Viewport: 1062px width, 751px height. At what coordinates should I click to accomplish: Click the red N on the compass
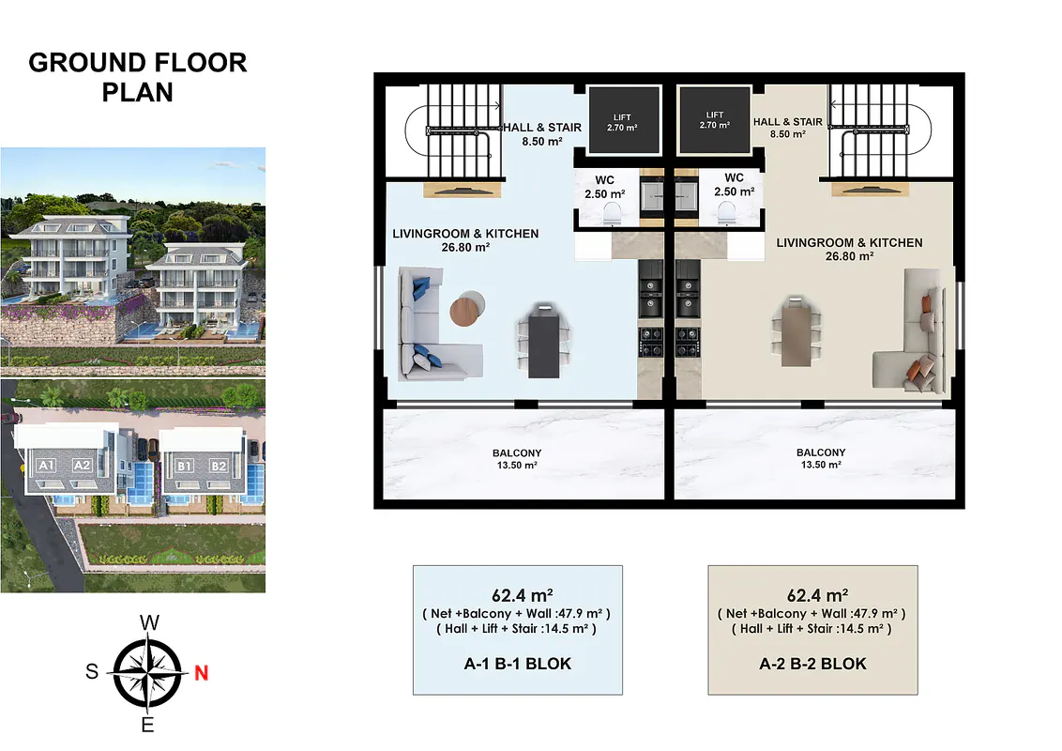click(x=201, y=673)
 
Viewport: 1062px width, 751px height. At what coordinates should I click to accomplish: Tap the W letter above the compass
click(x=150, y=623)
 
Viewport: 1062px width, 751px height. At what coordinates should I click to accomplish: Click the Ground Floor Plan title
click(x=138, y=77)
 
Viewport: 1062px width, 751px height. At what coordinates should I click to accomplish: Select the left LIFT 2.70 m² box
click(x=623, y=120)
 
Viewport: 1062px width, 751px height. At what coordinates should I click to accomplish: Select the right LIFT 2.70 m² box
click(x=715, y=120)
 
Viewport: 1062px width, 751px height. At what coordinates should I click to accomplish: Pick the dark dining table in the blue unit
click(x=544, y=341)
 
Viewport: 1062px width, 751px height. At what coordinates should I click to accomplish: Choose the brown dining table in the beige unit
click(x=796, y=331)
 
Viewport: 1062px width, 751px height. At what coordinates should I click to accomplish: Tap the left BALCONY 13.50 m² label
click(x=517, y=459)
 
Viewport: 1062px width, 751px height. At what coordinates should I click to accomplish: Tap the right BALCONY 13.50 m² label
click(x=821, y=458)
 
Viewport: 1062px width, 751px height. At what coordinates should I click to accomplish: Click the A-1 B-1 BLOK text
click(x=518, y=664)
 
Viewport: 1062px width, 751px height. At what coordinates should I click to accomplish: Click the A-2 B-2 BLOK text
click(x=812, y=664)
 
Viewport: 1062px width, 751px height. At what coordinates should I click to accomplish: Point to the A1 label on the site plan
click(x=46, y=465)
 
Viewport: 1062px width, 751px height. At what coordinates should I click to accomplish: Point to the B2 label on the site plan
click(x=218, y=466)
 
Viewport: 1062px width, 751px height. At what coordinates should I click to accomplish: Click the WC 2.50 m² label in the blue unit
click(x=605, y=187)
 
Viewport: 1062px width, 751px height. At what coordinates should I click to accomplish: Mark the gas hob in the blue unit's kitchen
click(x=652, y=342)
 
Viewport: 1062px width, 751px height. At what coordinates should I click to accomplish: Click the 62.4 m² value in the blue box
click(x=523, y=595)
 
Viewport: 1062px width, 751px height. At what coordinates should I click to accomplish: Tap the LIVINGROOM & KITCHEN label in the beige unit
click(x=849, y=249)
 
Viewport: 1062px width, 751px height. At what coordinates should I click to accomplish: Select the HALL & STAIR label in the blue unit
click(x=542, y=134)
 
